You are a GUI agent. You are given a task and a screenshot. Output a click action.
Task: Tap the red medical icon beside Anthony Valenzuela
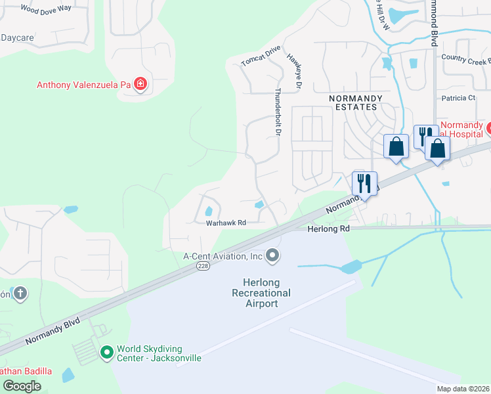pos(140,84)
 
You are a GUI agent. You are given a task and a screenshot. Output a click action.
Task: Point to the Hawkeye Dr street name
pos(293,70)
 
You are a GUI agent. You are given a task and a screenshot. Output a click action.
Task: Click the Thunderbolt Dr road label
pos(278,112)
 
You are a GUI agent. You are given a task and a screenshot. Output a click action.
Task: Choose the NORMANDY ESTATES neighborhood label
pos(353,102)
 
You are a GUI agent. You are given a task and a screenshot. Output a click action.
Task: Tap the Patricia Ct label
pos(458,98)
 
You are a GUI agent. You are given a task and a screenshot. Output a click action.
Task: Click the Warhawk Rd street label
pos(226,223)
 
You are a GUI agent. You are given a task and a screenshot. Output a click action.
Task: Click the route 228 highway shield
pos(203,266)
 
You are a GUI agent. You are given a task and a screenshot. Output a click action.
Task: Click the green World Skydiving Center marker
pos(106,353)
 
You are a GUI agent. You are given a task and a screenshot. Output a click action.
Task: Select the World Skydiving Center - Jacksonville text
pos(159,353)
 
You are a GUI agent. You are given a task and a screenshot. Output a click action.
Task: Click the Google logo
pos(22,386)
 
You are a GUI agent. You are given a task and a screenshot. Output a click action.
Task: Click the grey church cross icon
pos(20,294)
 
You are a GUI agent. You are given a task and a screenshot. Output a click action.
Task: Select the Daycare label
pos(17,38)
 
